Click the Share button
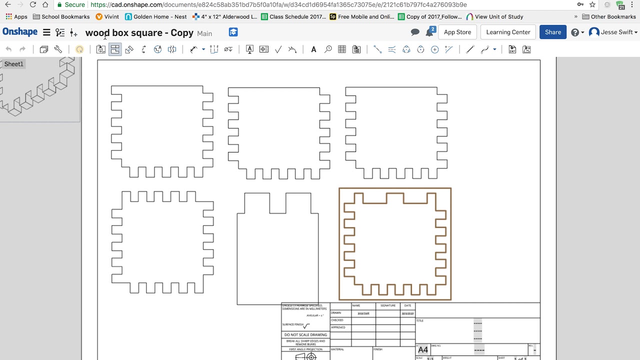tap(552, 32)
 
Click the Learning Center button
tap(508, 32)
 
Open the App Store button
tap(457, 32)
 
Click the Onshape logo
tap(20, 32)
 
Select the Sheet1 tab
tap(13, 64)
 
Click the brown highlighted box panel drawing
tap(395, 244)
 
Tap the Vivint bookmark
tap(107, 16)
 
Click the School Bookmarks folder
tap(61, 16)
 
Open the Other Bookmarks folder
tap(609, 16)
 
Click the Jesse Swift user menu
tap(613, 32)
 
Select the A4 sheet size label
tap(423, 350)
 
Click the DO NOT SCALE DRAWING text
tap(305, 334)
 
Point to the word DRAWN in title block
tap(336, 313)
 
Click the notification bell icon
tap(429, 32)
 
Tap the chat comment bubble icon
tap(415, 32)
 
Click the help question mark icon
tap(575, 32)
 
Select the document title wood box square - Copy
tap(139, 33)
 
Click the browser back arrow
tap(7, 4)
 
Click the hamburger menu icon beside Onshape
tap(46, 32)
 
